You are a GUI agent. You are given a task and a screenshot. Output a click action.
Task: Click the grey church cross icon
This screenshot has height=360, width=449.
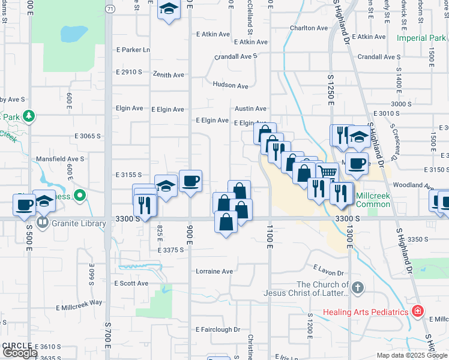click(358, 287)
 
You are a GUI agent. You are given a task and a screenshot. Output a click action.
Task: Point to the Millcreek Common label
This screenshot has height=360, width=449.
click(373, 200)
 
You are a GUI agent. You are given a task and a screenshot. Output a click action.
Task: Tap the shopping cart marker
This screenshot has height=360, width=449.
click(327, 173)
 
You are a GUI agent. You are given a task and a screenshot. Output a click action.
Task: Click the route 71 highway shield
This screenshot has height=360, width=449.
click(109, 9)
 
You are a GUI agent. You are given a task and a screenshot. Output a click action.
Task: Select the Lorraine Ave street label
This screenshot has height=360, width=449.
click(214, 271)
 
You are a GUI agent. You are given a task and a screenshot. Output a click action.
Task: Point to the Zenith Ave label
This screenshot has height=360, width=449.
click(170, 75)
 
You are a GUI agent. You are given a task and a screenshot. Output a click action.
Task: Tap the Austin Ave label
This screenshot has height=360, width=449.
click(250, 109)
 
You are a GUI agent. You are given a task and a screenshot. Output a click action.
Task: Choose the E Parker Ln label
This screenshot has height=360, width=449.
click(133, 50)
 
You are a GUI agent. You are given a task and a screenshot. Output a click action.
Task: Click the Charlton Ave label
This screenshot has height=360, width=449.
click(309, 28)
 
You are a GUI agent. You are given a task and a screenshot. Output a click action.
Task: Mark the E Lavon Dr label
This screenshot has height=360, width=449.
click(328, 272)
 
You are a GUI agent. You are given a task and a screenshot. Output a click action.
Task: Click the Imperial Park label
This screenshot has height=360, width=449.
click(421, 38)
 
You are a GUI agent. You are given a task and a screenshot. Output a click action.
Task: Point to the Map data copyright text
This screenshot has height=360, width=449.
click(411, 355)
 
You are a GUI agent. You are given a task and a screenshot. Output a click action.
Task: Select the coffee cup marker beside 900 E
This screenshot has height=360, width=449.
click(190, 181)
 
